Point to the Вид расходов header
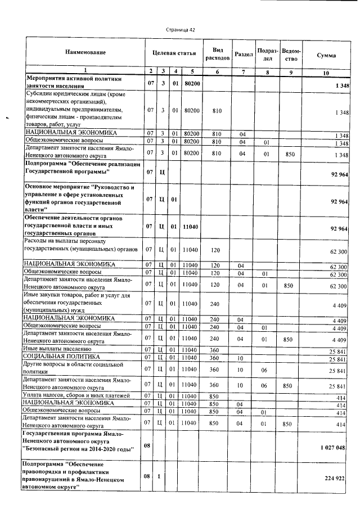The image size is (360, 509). pyautogui.click(x=217, y=53)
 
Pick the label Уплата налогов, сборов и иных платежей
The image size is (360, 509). pyautogui.click(x=76, y=396)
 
